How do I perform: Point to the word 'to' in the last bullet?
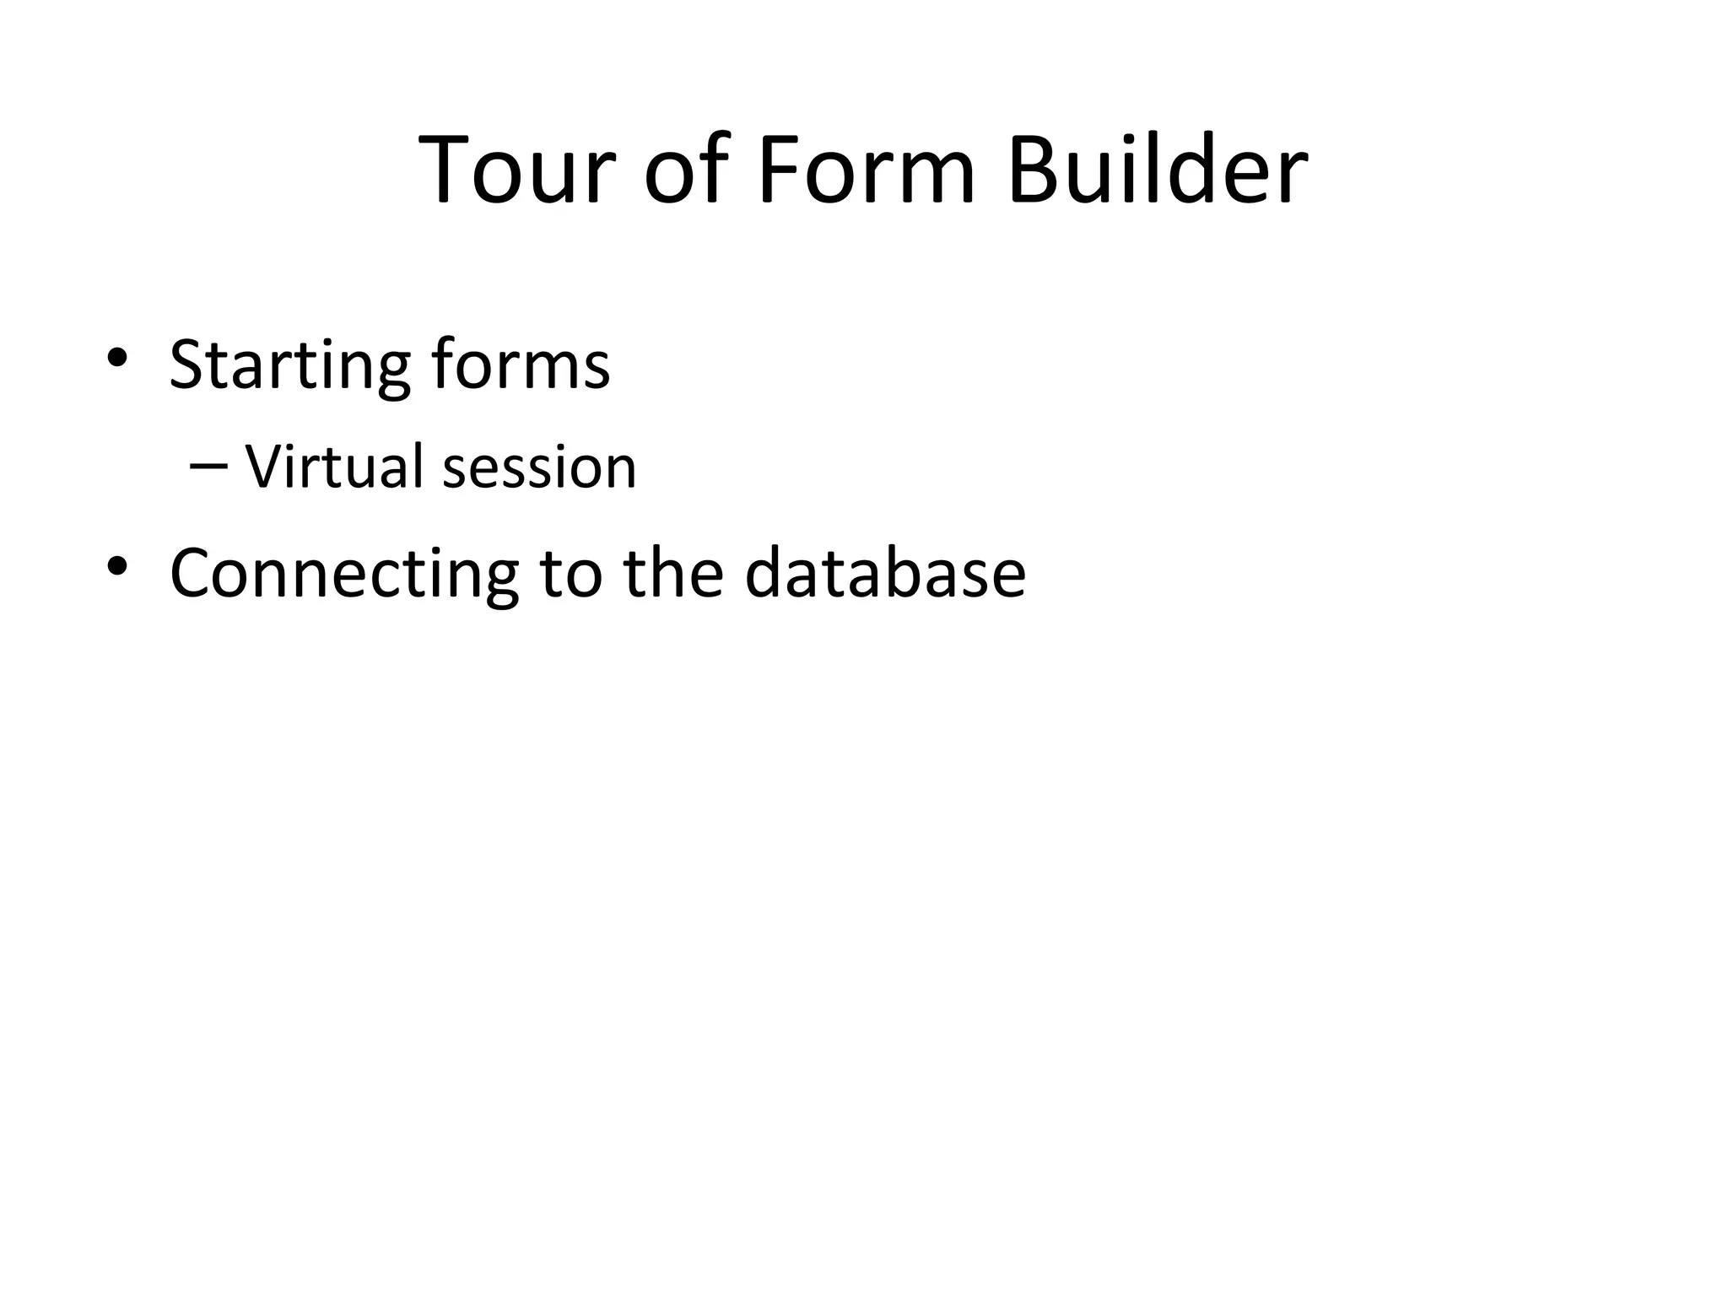(x=571, y=574)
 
